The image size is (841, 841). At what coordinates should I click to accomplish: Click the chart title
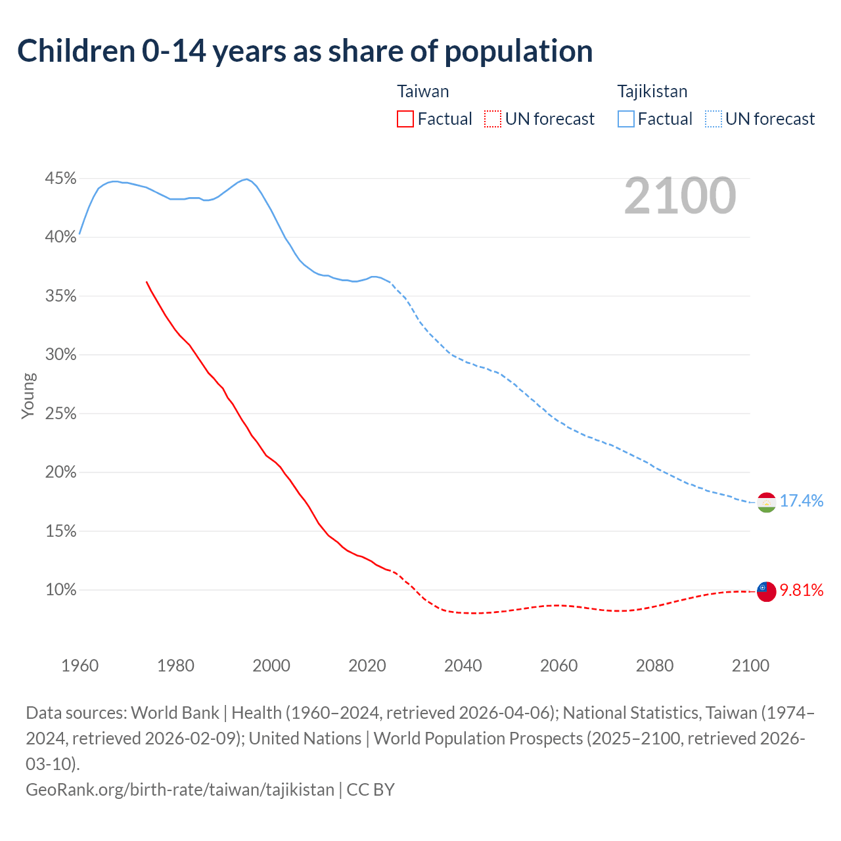305,51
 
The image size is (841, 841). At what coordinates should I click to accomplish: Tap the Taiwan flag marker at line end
766,591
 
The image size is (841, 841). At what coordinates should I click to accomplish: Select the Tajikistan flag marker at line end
766,502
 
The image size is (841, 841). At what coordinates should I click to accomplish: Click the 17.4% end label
802,501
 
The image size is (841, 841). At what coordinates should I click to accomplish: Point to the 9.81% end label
802,590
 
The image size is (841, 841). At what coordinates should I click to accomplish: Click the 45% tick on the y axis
61,179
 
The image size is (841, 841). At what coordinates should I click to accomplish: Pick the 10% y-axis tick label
61,590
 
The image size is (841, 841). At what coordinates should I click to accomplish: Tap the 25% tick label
61,414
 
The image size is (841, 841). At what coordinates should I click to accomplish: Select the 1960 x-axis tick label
80,666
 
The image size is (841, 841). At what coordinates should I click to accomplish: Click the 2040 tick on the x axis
463,666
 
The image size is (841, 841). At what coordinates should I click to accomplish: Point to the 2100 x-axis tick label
750,666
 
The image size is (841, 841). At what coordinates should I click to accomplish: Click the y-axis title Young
28,396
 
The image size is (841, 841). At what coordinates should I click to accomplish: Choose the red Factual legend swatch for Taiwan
405,119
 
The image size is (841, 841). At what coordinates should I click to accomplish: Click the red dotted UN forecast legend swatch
493,119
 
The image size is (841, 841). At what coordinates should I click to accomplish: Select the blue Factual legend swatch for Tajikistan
626,119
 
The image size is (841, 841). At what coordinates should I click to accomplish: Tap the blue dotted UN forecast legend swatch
714,119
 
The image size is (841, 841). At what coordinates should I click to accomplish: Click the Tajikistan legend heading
652,91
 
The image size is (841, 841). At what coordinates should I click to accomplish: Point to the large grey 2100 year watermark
680,196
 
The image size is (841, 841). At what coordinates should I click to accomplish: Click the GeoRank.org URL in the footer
180,789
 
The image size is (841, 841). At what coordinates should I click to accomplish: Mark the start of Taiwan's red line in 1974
147,282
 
